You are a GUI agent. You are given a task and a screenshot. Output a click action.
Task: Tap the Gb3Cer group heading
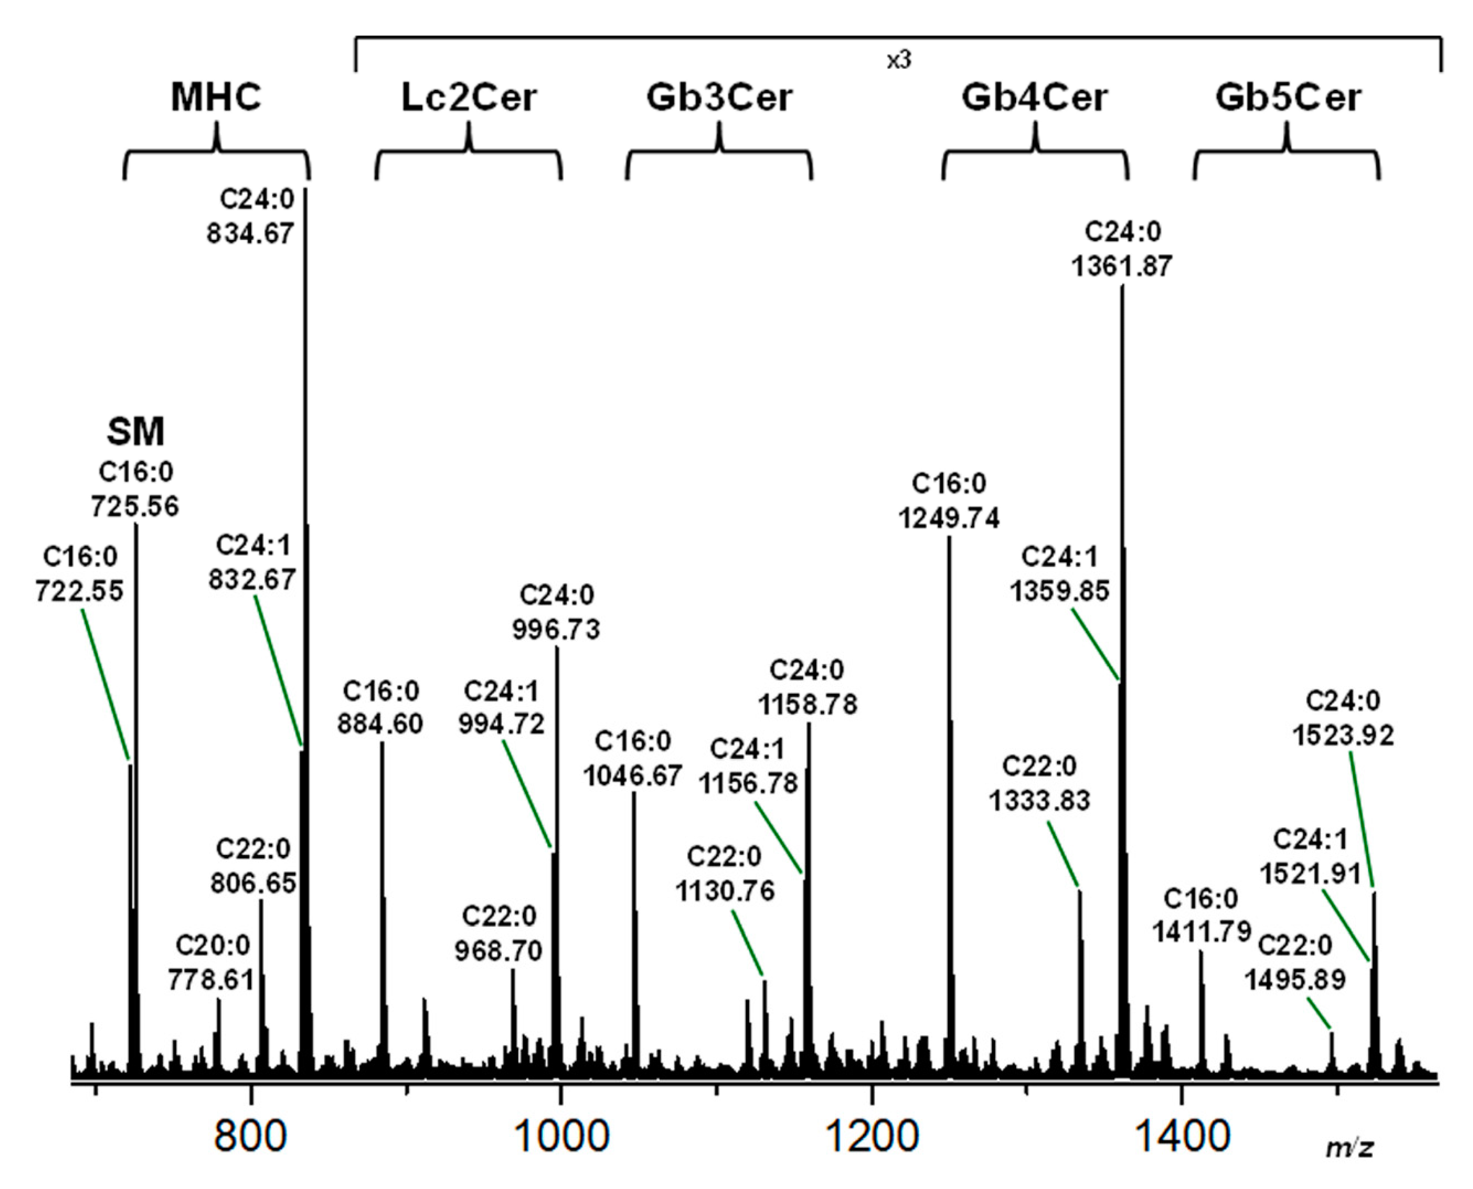[720, 97]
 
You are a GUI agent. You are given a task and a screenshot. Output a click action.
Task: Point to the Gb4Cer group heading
[1034, 97]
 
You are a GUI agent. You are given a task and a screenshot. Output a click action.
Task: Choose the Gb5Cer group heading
[1288, 97]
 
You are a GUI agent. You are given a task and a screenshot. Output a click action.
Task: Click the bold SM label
[135, 432]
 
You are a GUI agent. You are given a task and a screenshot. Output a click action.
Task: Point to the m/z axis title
[1350, 1147]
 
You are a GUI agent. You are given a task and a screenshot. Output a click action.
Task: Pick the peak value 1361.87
[1121, 266]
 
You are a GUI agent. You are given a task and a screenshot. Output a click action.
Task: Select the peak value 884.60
[380, 724]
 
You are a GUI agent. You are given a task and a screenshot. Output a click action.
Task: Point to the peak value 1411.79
[1201, 931]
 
